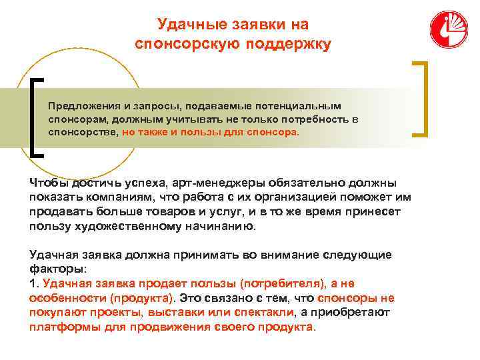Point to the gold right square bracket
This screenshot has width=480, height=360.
(x=421, y=99)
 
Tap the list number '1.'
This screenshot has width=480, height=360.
(x=35, y=284)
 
